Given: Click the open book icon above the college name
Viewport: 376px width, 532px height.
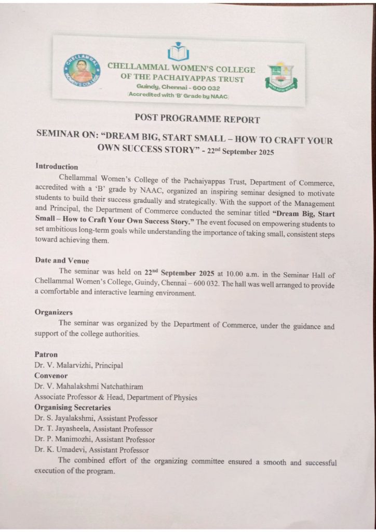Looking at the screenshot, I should click(178, 52).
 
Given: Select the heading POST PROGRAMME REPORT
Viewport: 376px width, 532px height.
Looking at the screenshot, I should click(197, 119).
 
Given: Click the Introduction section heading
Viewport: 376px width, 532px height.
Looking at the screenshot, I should click(57, 167).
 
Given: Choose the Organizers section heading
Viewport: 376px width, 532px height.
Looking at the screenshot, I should click(53, 312).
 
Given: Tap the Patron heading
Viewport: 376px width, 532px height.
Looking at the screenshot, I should click(46, 354).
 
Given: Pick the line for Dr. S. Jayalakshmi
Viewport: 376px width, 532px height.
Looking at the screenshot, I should click(96, 418).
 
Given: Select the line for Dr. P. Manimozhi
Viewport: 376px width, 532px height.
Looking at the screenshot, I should click(95, 440).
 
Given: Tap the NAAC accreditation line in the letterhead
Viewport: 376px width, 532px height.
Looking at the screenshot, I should click(178, 97).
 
